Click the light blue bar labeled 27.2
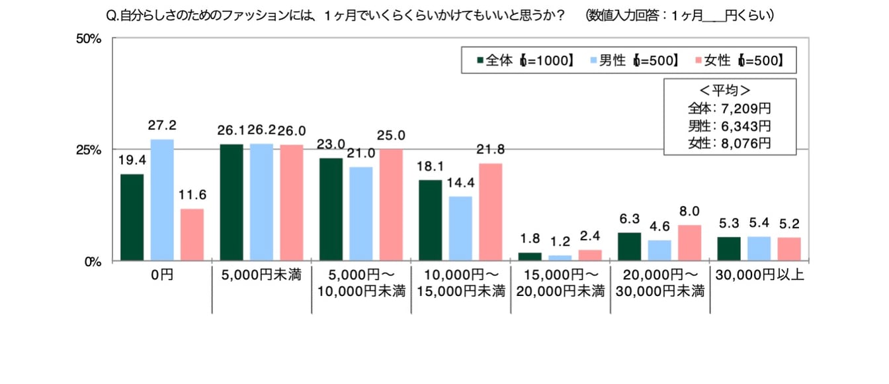point(162,200)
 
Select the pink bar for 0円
point(192,234)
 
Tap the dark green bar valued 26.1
point(231,202)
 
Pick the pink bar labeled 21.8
point(490,212)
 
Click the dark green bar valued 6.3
point(629,246)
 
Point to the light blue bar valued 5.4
point(759,248)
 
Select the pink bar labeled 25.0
point(391,205)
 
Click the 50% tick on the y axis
point(89,39)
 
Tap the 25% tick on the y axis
point(89,150)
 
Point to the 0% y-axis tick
point(91,261)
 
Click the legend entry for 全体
point(499,60)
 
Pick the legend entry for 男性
point(612,60)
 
